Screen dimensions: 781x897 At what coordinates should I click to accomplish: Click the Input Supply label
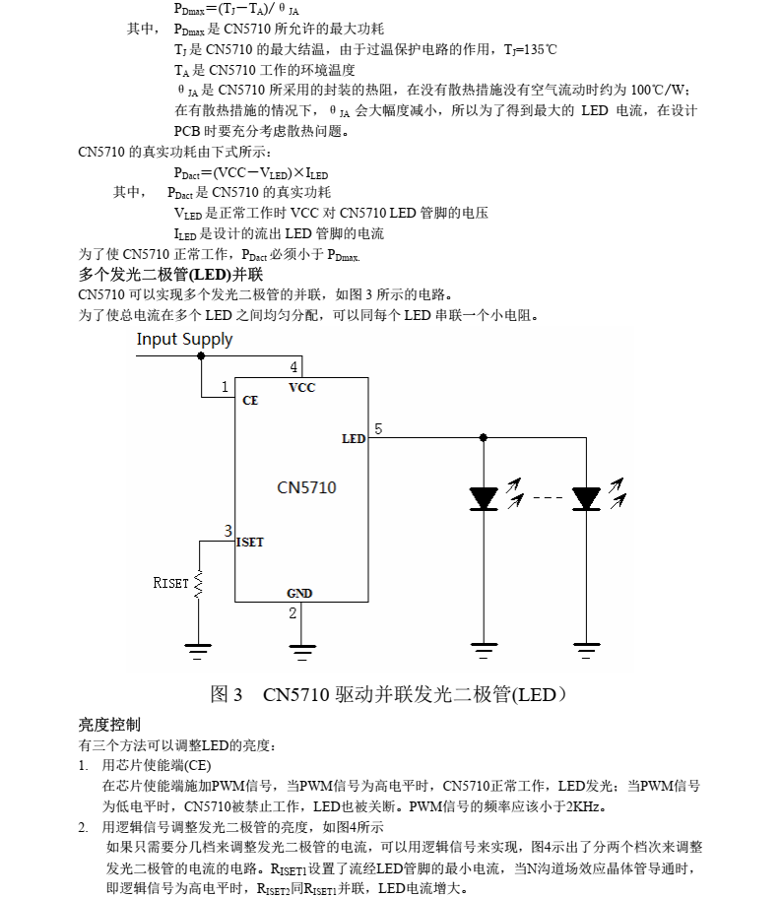pos(184,340)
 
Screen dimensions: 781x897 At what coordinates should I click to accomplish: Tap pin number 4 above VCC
pos(293,366)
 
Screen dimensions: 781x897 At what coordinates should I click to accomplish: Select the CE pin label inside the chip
pos(250,401)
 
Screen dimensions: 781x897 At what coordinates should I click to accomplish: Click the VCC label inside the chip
pos(302,387)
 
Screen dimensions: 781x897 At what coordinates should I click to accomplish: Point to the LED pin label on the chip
pos(354,439)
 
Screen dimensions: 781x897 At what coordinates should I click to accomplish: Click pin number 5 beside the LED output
pos(378,428)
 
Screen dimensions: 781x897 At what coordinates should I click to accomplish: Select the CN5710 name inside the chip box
pos(306,487)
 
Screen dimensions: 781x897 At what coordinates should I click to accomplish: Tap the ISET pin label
pos(250,542)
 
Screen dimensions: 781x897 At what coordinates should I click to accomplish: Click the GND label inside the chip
pos(299,593)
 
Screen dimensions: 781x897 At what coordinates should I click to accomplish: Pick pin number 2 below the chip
pos(293,613)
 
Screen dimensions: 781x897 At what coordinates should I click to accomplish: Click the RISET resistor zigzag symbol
pos(199,584)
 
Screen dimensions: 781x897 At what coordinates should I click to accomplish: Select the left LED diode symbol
pos(484,498)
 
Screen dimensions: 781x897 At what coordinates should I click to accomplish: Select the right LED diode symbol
pos(586,498)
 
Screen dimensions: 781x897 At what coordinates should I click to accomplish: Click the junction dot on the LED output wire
pos(484,437)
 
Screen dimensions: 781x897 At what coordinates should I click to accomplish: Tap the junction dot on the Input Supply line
pos(201,355)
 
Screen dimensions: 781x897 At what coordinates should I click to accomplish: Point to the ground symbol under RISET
pos(198,652)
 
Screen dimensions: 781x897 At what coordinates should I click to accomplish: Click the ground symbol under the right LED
pos(586,651)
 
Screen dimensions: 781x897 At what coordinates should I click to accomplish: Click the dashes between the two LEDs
pos(548,497)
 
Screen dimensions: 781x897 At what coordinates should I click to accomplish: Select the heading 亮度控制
pos(109,725)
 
